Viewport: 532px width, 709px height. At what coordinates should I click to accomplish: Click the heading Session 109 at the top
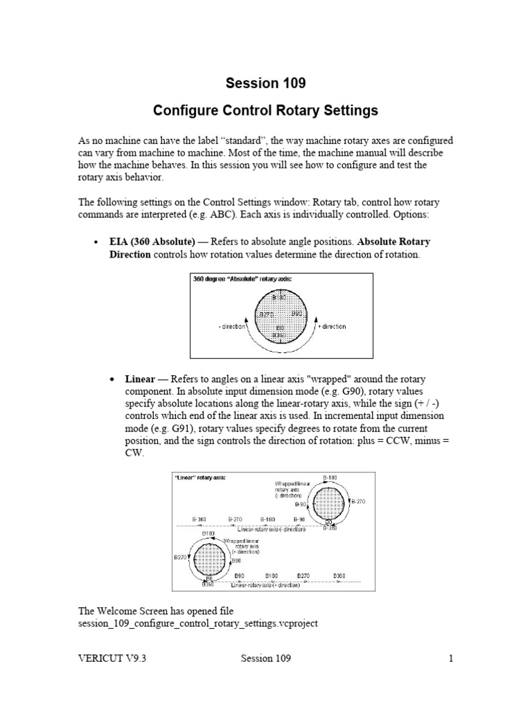tap(265, 84)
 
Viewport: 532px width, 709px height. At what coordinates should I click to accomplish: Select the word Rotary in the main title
tap(296, 110)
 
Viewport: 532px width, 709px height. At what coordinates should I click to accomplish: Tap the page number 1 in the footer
tap(450, 658)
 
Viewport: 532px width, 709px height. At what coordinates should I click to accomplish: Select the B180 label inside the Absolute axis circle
tap(279, 298)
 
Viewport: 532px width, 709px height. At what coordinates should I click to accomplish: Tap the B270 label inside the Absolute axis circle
tap(267, 314)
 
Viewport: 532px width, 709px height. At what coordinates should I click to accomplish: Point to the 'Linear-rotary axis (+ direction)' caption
tap(269, 586)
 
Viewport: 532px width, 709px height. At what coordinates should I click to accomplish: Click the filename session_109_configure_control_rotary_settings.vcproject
tap(198, 624)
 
